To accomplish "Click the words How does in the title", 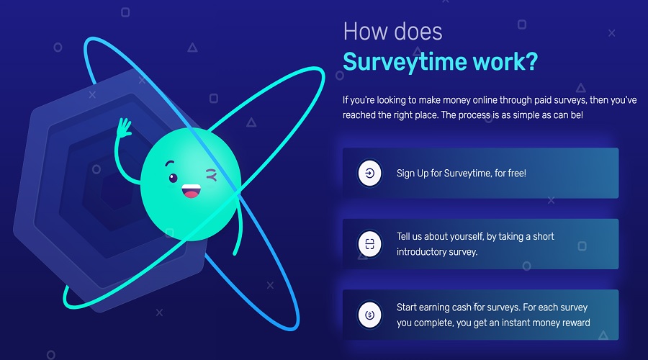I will (393, 31).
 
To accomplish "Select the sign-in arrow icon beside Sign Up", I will (369, 174).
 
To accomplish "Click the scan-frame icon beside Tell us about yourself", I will (369, 244).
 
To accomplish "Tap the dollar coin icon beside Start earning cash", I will (369, 315).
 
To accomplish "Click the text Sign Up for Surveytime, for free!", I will (461, 174).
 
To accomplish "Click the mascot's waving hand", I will (124, 130).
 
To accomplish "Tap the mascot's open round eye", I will (173, 177).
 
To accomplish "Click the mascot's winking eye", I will (211, 174).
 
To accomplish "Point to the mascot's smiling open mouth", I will (192, 192).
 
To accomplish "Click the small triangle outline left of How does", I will (192, 48).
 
